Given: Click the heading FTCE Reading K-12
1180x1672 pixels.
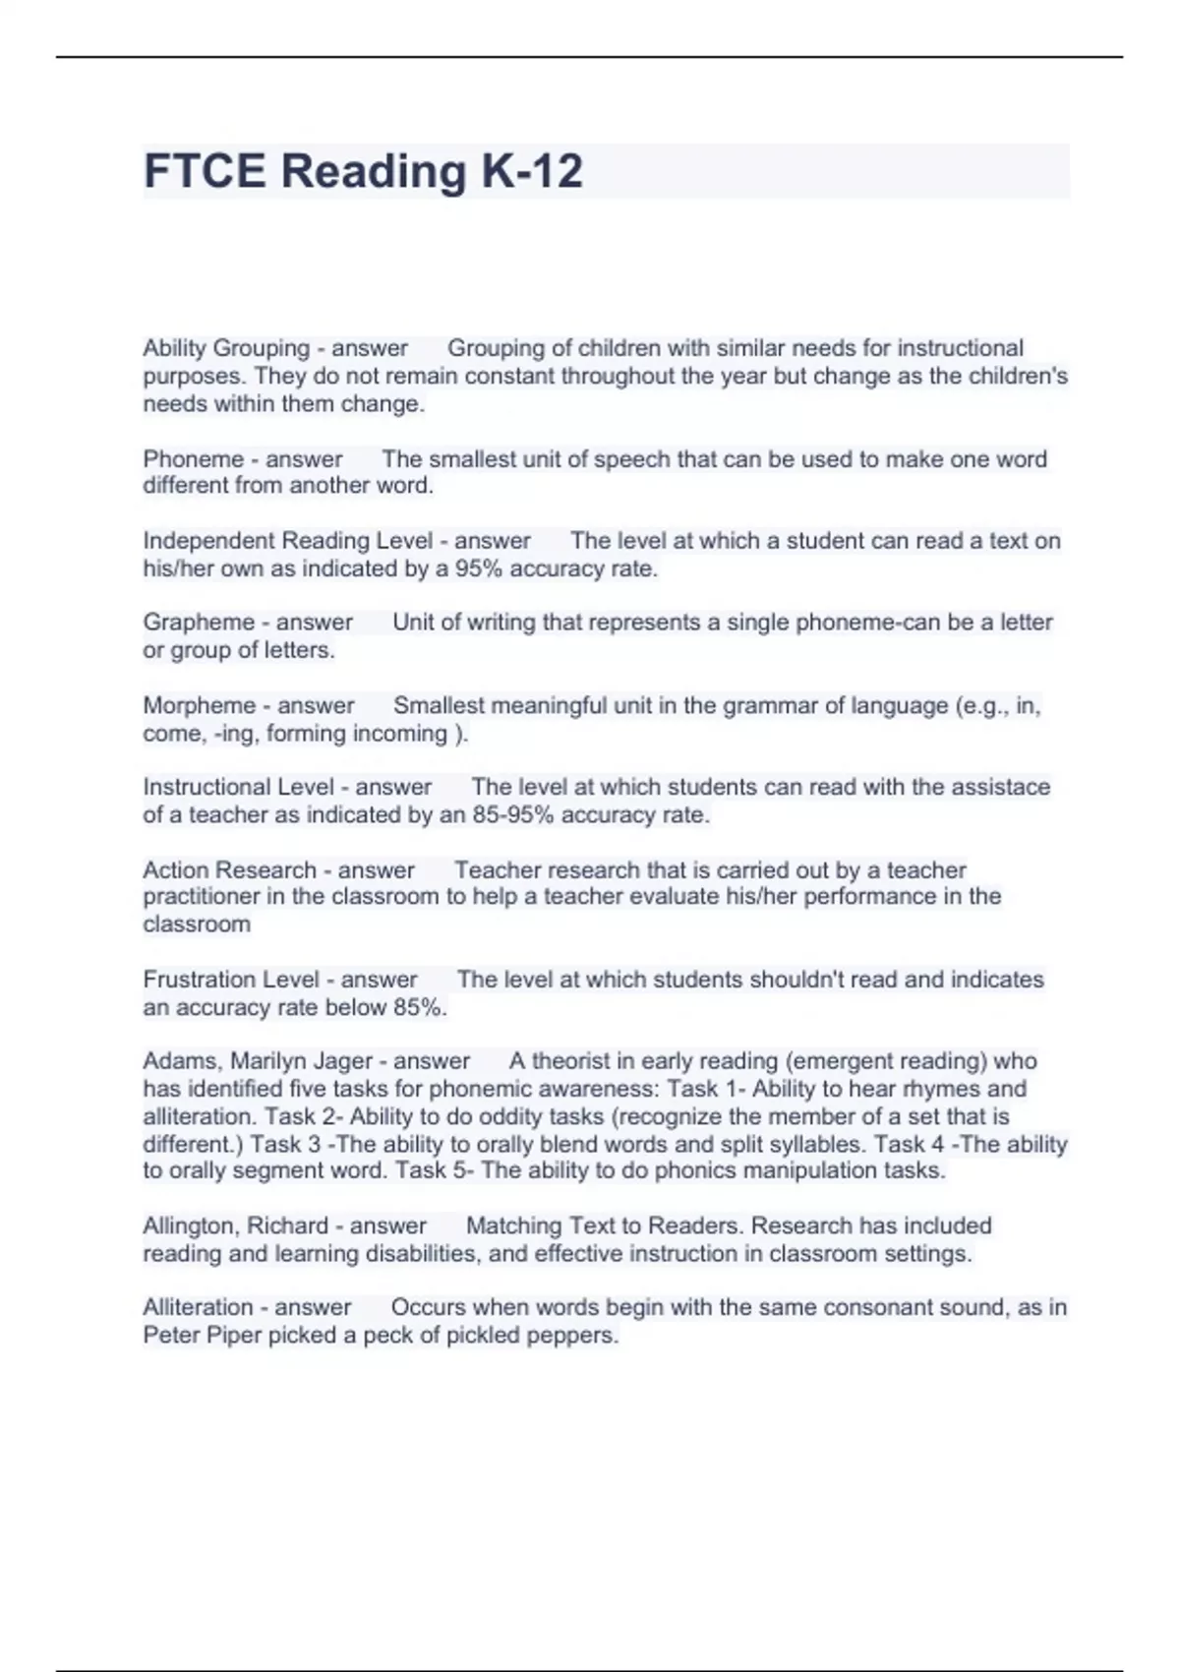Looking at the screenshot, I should [363, 171].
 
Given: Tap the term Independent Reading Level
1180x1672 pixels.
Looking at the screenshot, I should [287, 541].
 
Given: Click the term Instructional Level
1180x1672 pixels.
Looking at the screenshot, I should [239, 787].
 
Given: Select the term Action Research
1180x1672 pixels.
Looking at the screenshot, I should [229, 870].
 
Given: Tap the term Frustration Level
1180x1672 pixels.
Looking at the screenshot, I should [231, 980].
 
